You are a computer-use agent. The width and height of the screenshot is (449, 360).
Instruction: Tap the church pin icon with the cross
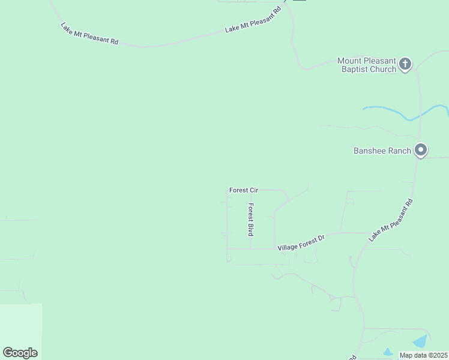(405, 64)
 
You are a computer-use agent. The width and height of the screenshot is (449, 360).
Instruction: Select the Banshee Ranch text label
(382, 151)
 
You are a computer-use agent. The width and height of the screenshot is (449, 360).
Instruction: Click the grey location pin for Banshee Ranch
(421, 150)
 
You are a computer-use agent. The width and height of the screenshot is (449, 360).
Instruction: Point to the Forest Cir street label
(243, 190)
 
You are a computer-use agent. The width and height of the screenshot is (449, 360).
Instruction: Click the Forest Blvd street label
(251, 219)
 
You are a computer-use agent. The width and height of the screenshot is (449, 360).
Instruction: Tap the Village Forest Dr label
(301, 243)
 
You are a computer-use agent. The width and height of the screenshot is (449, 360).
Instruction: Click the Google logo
(20, 353)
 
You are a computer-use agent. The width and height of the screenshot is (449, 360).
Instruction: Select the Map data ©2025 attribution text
(424, 355)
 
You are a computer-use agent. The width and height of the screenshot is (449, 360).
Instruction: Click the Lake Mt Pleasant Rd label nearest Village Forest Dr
(391, 220)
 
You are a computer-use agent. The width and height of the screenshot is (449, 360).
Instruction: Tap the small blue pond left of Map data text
(387, 352)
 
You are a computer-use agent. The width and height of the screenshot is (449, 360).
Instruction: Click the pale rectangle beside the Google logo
(21, 324)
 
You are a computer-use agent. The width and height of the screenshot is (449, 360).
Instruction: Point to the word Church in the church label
(382, 69)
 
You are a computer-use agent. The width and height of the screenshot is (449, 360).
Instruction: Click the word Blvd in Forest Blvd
(251, 227)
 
